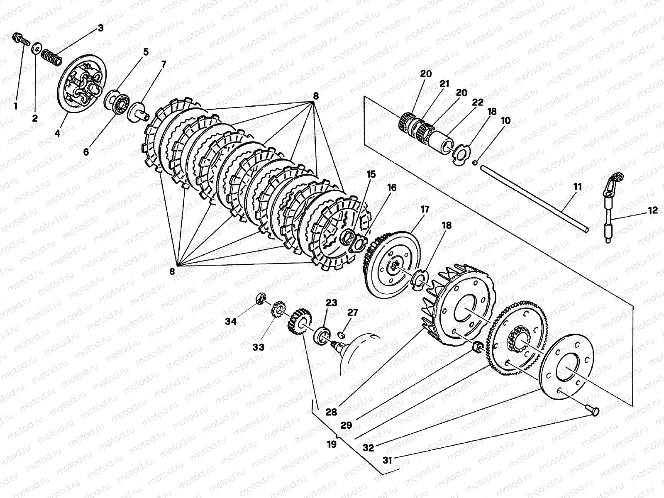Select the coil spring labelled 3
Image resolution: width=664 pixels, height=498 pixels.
click(53, 56)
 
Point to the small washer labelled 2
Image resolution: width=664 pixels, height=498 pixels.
click(37, 49)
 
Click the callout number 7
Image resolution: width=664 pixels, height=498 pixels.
click(164, 64)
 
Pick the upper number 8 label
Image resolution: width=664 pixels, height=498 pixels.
click(316, 96)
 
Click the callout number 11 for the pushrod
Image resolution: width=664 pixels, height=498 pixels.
click(578, 188)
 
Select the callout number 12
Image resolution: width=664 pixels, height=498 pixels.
click(652, 210)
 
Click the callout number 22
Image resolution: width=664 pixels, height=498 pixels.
click(478, 102)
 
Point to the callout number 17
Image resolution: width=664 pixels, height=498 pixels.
click(425, 210)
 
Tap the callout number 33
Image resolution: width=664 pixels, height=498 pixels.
click(259, 347)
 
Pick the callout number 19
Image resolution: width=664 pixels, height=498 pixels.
click(332, 444)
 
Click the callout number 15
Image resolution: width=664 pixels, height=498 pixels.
click(371, 174)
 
